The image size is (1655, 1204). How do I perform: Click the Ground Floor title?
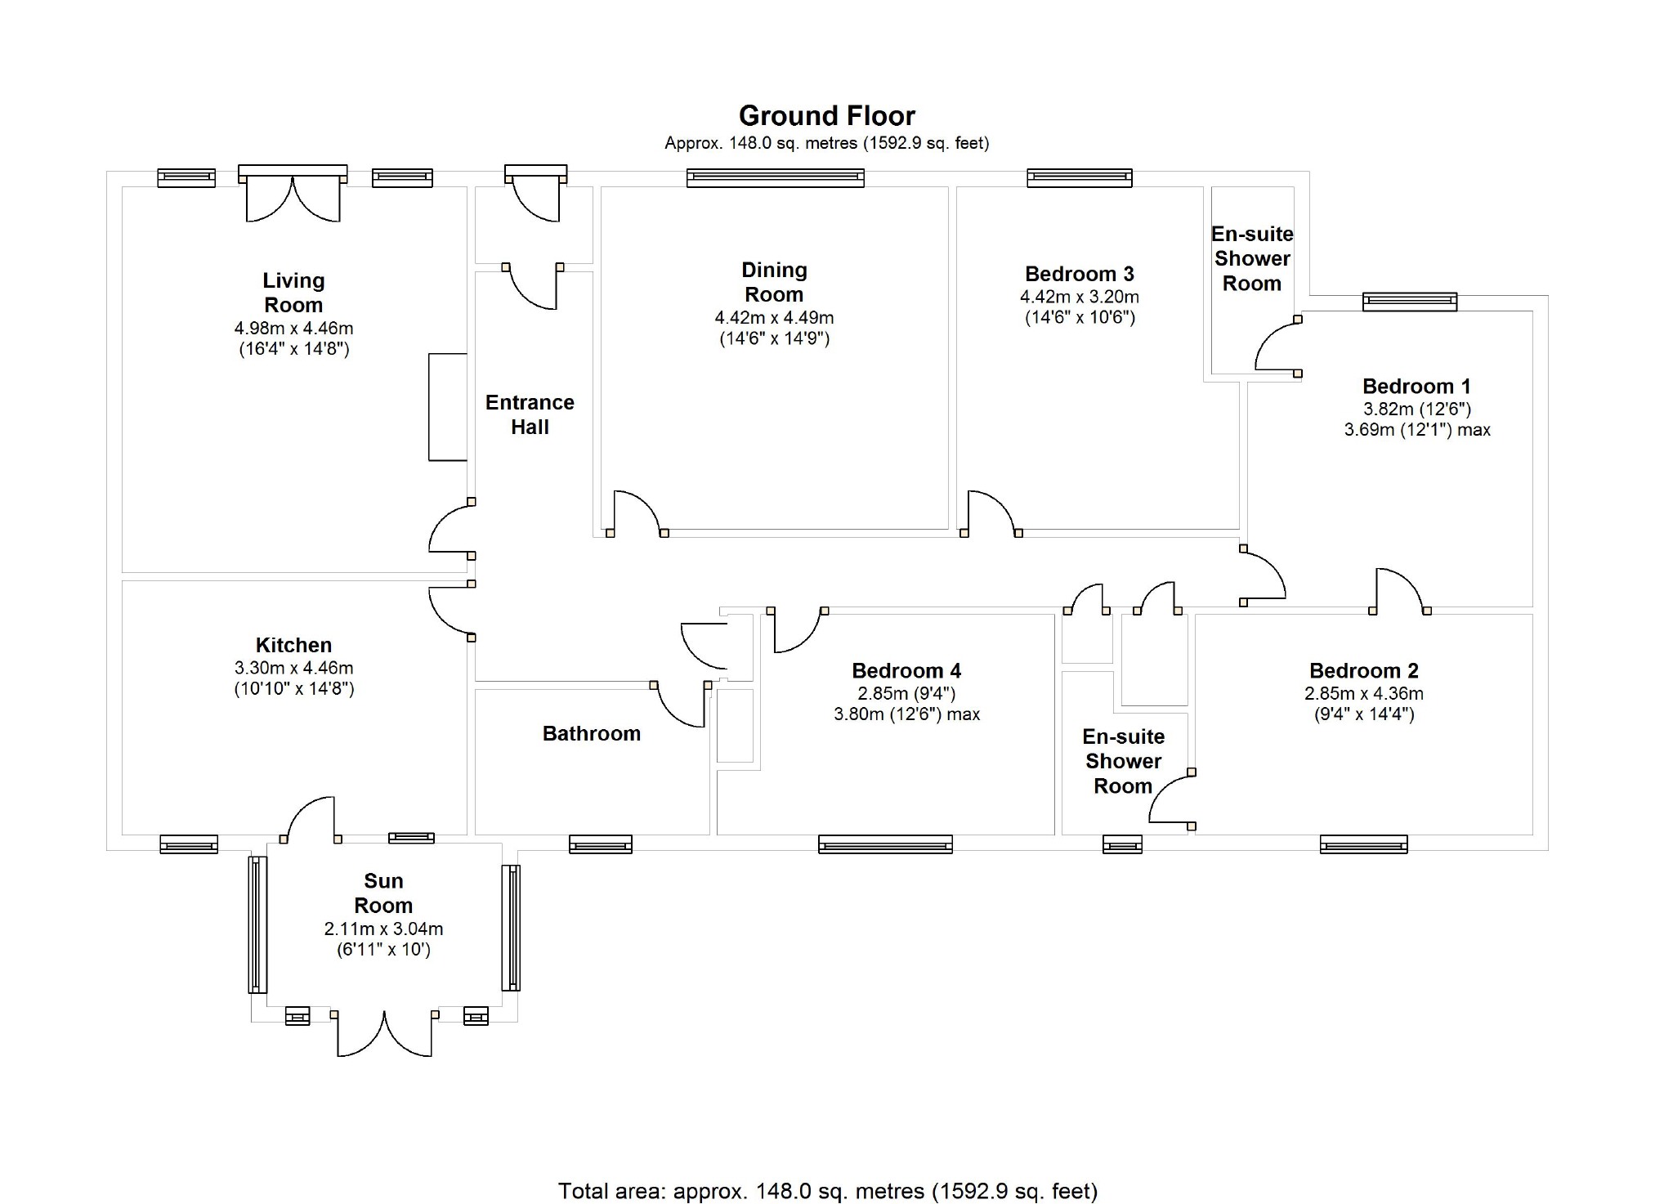pyautogui.click(x=826, y=116)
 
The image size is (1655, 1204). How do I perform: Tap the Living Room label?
pyautogui.click(x=293, y=293)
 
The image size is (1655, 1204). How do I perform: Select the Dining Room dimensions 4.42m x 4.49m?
pyautogui.click(x=774, y=318)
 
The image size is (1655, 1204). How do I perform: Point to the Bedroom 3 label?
pyautogui.click(x=1079, y=274)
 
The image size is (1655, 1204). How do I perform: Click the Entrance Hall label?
pyautogui.click(x=530, y=414)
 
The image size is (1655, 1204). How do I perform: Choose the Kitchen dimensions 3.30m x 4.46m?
pyautogui.click(x=293, y=668)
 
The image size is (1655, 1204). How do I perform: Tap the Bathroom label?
pyautogui.click(x=591, y=733)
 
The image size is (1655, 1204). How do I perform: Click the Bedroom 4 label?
pyautogui.click(x=906, y=671)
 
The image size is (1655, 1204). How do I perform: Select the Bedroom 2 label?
pyautogui.click(x=1363, y=671)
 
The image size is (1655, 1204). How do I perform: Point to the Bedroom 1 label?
pyautogui.click(x=1416, y=386)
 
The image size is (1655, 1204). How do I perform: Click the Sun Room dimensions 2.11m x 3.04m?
pyautogui.click(x=383, y=929)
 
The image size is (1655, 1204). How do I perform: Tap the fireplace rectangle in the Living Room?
pyautogui.click(x=448, y=407)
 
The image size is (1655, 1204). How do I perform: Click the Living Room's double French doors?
pyautogui.click(x=293, y=196)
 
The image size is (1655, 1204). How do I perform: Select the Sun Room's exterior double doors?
pyautogui.click(x=383, y=1034)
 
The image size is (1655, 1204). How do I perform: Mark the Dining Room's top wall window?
pyautogui.click(x=775, y=177)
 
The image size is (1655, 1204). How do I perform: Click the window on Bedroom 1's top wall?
pyautogui.click(x=1409, y=302)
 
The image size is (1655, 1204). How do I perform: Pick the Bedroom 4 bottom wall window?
pyautogui.click(x=885, y=844)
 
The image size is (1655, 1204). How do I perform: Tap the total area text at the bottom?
pyautogui.click(x=827, y=1191)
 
